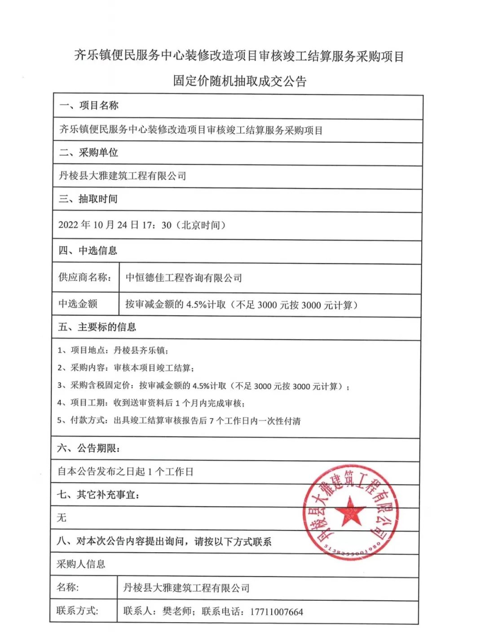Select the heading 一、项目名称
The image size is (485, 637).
click(x=89, y=106)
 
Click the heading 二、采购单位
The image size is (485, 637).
click(x=89, y=153)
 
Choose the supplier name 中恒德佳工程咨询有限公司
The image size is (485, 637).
click(x=184, y=278)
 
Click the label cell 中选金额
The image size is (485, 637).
click(x=78, y=304)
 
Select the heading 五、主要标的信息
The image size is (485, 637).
click(x=97, y=327)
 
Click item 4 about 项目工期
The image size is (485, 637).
click(x=151, y=403)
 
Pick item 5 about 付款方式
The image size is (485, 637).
click(x=179, y=421)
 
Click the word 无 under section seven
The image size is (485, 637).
click(x=62, y=518)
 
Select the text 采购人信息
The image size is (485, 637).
click(x=81, y=564)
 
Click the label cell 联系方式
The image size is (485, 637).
click(x=77, y=611)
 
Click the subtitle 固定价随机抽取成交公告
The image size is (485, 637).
click(x=240, y=81)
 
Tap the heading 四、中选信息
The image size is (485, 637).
click(x=88, y=250)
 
